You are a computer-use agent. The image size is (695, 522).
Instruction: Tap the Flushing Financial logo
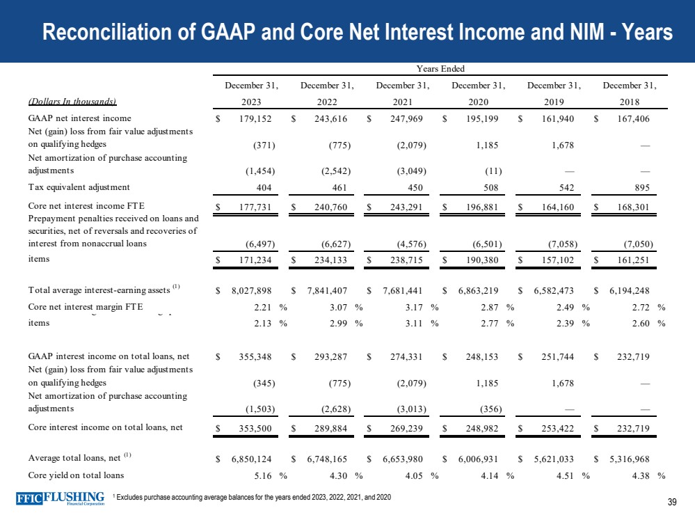pos(61,500)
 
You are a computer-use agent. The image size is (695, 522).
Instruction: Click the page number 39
pos(671,503)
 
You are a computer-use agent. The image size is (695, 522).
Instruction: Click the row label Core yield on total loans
pos(77,475)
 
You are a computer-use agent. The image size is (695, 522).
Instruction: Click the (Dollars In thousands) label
pos(72,100)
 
